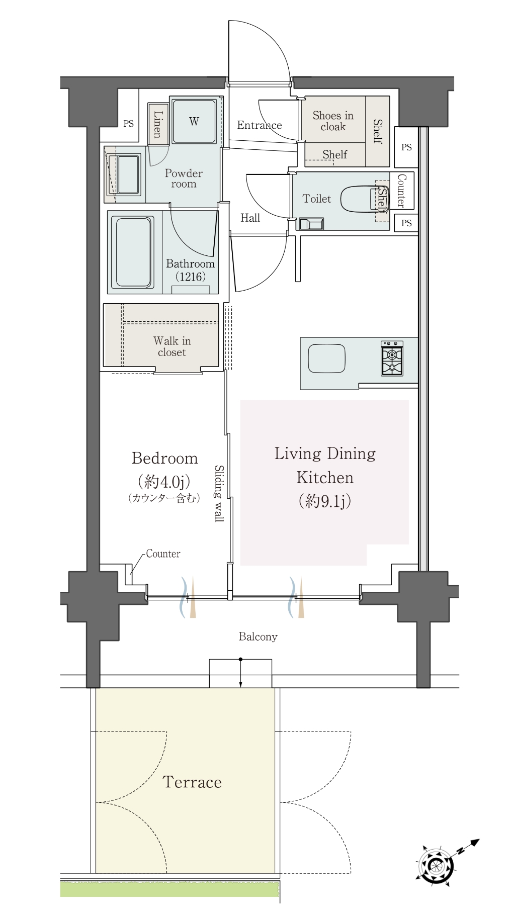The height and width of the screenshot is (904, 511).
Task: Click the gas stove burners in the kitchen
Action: [x=392, y=358]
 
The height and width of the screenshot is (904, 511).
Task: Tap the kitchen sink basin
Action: [x=326, y=358]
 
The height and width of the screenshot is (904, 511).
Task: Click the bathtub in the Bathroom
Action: [x=133, y=252]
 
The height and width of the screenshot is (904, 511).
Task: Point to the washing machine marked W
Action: [x=194, y=121]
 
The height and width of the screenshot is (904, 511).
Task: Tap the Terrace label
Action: [x=192, y=782]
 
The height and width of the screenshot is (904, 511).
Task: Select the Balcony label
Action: [x=258, y=637]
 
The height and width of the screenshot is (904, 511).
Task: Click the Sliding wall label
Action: [x=219, y=493]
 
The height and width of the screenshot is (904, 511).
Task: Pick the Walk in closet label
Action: [x=172, y=346]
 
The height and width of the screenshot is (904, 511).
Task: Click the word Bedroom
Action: [x=164, y=458]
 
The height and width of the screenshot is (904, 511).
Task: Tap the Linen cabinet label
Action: [x=158, y=124]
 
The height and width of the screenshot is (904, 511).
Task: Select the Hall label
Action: [x=250, y=218]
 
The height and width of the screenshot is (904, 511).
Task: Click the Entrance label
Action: [x=260, y=125]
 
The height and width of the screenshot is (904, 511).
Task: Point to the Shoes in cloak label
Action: [x=333, y=121]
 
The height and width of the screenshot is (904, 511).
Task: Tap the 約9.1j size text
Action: [x=325, y=501]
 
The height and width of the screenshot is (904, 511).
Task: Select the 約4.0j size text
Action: [x=164, y=482]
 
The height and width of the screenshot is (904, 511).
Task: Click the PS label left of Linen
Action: [x=129, y=124]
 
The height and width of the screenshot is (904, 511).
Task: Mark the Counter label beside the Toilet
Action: [x=401, y=191]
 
